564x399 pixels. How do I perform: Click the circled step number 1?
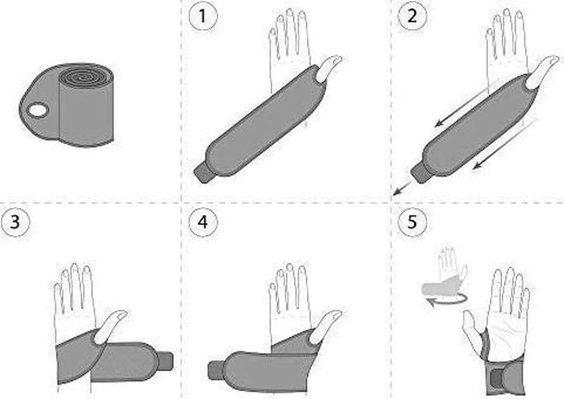coord(203,16)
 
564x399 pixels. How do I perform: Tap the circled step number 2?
coord(412,16)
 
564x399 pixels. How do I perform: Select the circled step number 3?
coord(15,222)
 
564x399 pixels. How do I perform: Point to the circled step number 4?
coord(203,222)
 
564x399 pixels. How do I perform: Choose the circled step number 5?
coord(412,222)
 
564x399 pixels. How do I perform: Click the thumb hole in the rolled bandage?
coord(38,110)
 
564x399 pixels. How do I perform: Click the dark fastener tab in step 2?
coord(421,174)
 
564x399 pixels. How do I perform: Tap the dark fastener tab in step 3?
coord(167,361)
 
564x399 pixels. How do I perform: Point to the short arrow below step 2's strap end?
coord(402,188)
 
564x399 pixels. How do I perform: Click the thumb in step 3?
coord(111,327)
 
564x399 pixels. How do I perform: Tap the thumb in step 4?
coord(325,327)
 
